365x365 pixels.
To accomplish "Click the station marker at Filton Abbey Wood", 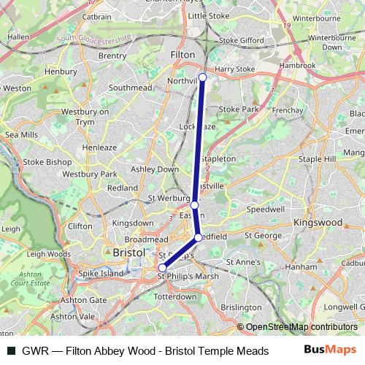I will coord(202,77).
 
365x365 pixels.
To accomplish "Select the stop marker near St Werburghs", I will coord(194,205).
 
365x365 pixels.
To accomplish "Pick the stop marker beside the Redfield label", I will coord(198,238).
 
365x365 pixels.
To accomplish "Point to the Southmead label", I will coord(130,87).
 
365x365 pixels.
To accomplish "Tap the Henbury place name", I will coord(60,72).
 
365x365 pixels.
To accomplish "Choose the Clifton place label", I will coord(80,226).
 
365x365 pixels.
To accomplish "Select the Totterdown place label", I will coord(177,297).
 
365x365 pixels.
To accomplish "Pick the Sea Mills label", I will coord(21,135).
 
